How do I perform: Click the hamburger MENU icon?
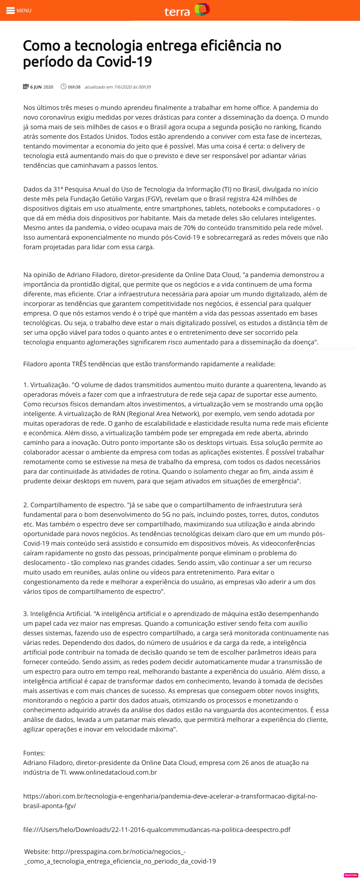(x=10, y=11)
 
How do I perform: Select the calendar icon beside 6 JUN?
(x=26, y=87)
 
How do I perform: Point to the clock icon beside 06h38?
(x=63, y=87)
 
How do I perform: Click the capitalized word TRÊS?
(x=79, y=364)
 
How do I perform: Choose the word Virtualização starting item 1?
(x=50, y=385)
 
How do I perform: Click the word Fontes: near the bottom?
(x=34, y=753)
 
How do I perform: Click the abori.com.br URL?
(x=170, y=796)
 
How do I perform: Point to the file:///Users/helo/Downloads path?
(x=157, y=829)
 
